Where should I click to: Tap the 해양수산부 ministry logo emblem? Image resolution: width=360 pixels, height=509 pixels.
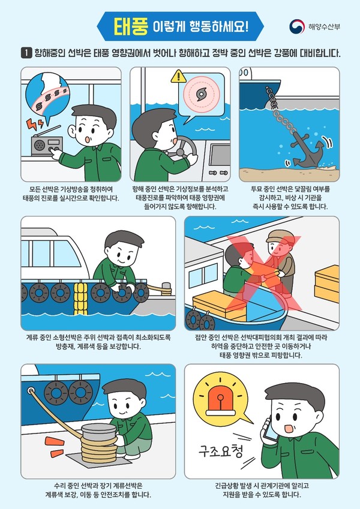tap(296, 27)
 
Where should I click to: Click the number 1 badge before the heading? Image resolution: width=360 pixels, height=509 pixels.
tap(26, 53)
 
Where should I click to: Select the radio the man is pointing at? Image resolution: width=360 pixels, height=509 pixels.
tap(45, 146)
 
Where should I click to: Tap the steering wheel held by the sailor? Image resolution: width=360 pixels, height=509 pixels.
tap(178, 148)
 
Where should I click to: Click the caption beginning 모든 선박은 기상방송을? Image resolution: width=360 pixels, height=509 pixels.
tap(71, 193)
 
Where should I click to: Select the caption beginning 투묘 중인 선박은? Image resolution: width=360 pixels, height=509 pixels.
tap(289, 197)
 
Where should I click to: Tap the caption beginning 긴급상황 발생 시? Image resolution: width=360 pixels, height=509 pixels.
tap(262, 490)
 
